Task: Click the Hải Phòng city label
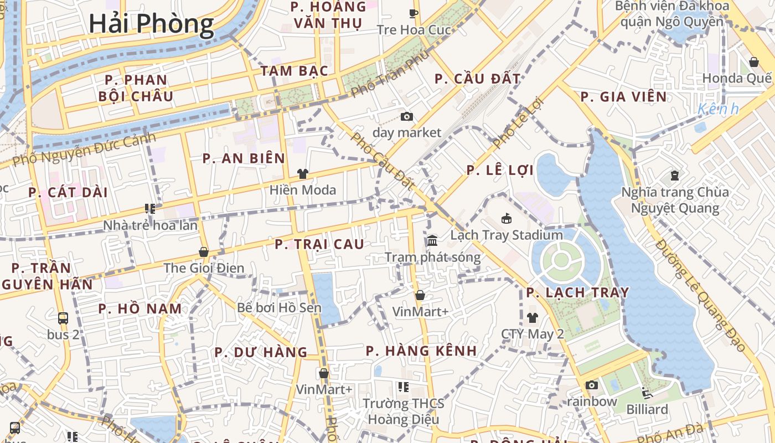tap(151, 24)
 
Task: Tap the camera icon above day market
tap(407, 116)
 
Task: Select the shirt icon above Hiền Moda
tap(302, 174)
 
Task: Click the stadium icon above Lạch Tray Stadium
tap(506, 219)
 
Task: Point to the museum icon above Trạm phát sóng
tap(432, 241)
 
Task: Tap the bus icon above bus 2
tap(63, 318)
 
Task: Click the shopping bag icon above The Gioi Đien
tap(203, 252)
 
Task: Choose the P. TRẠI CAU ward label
tap(319, 244)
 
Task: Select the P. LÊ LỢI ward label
tap(500, 171)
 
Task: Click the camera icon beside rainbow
tap(592, 385)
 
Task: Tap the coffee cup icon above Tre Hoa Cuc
tap(413, 13)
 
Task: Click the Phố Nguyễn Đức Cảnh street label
tap(84, 150)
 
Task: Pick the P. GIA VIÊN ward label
tap(623, 97)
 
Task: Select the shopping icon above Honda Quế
tap(753, 61)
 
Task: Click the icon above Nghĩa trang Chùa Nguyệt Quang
tap(675, 176)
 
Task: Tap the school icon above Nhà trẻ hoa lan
tap(150, 209)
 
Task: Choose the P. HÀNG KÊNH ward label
tap(421, 351)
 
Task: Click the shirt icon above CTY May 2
tap(532, 317)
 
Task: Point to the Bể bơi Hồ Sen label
tap(279, 307)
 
